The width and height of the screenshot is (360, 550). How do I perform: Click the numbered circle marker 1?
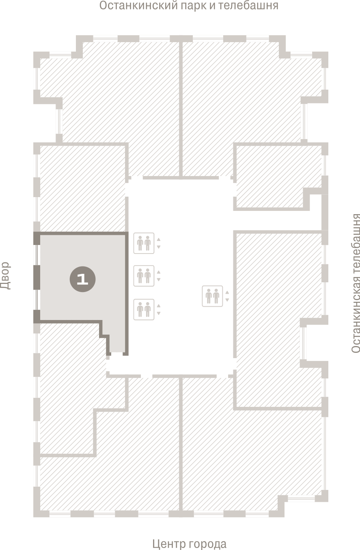[82, 279]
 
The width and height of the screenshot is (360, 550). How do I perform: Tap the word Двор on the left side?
[5, 276]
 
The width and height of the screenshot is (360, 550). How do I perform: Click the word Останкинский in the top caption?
[138, 5]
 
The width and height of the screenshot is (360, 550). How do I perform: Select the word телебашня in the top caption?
[248, 5]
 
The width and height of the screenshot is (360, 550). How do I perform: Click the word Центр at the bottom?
[168, 544]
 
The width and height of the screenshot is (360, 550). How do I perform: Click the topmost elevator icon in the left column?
[144, 243]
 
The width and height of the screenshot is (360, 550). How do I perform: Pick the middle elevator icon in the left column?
[144, 276]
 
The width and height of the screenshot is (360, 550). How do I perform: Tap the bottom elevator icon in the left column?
[144, 309]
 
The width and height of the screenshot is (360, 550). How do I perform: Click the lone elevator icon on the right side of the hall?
[212, 296]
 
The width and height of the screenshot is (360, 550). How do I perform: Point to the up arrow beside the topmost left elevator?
[159, 239]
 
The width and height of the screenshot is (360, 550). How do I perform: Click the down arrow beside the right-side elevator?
[227, 300]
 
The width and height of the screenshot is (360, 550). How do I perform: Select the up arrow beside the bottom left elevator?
[159, 306]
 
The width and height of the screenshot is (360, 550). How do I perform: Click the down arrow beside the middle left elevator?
[159, 279]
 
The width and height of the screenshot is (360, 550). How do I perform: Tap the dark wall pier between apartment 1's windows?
[37, 277]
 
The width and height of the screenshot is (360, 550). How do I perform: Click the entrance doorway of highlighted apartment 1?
[117, 354]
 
